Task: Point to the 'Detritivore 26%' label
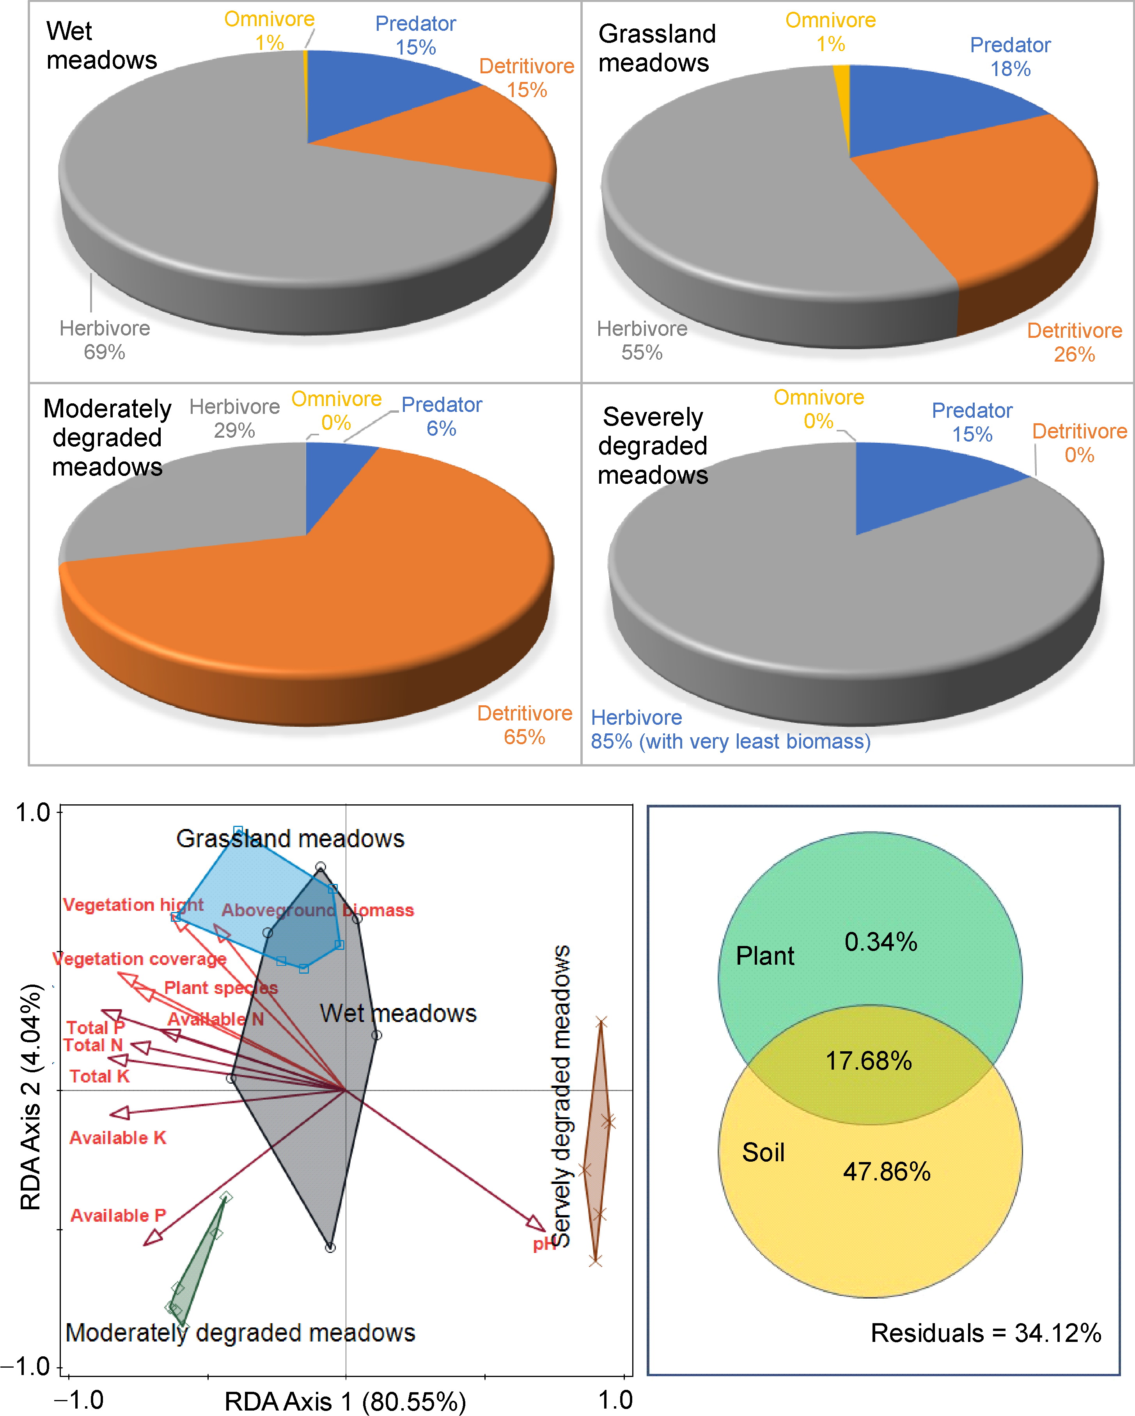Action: (1074, 342)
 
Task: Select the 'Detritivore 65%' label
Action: (524, 725)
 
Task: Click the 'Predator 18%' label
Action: (1010, 57)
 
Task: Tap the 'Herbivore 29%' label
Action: (234, 418)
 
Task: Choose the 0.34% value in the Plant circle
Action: (880, 942)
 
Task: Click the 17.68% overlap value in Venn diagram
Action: (868, 1061)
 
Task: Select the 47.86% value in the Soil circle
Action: (887, 1172)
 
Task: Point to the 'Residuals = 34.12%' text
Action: (985, 1333)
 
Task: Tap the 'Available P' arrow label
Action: (118, 1215)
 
